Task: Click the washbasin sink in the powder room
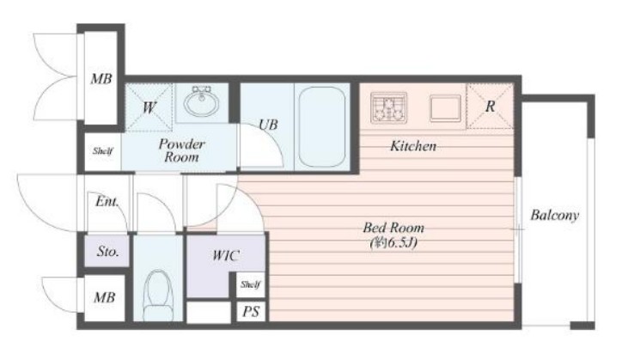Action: coord(201,101)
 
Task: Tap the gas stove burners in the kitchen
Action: coord(388,107)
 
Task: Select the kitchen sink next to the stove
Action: coord(445,107)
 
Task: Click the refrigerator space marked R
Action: coord(490,107)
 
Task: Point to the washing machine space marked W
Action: coord(149,107)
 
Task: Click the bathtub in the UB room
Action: coord(322,127)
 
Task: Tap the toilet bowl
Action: coord(158,296)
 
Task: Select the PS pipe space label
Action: coord(251,311)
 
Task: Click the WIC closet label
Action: coord(225,255)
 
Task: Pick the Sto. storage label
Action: coord(107,252)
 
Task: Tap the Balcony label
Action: coord(555,216)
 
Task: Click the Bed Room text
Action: coord(393,228)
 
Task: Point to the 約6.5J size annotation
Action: coord(393,242)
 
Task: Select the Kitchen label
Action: coord(413,146)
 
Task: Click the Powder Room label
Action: coord(181,150)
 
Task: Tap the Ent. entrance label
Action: coord(107,201)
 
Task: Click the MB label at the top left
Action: coord(101,78)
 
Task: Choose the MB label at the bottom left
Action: coord(105,297)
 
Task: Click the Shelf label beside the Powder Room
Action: coord(102,151)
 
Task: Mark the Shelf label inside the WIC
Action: coord(250,284)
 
